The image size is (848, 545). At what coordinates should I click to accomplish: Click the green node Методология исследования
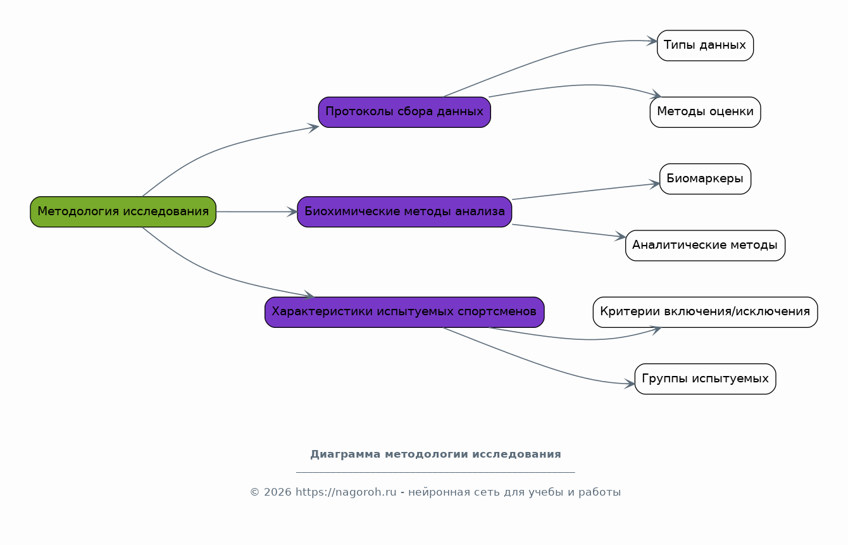123,211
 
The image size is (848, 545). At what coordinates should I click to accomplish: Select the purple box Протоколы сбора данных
404,112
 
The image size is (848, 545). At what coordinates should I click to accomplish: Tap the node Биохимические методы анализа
404,211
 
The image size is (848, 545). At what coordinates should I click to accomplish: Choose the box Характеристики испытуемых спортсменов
404,312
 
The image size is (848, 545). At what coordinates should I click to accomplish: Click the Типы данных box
705,46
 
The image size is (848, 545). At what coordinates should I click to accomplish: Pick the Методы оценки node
705,112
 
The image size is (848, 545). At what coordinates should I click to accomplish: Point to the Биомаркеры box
705,179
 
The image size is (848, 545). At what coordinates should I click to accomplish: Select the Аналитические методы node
705,246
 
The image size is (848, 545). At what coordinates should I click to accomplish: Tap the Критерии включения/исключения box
705,312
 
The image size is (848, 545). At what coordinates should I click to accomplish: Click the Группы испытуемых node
705,379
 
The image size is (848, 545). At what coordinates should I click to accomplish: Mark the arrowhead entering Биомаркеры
655,184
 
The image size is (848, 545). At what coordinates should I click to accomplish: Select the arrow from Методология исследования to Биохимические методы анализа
257,211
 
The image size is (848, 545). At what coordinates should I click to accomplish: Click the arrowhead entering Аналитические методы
620,237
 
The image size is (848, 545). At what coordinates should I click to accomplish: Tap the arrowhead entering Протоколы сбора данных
313,128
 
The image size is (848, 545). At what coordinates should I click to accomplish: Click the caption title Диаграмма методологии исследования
435,454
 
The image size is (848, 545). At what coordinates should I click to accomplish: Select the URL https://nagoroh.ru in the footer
346,492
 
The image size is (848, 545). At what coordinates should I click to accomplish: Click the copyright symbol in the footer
254,492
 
